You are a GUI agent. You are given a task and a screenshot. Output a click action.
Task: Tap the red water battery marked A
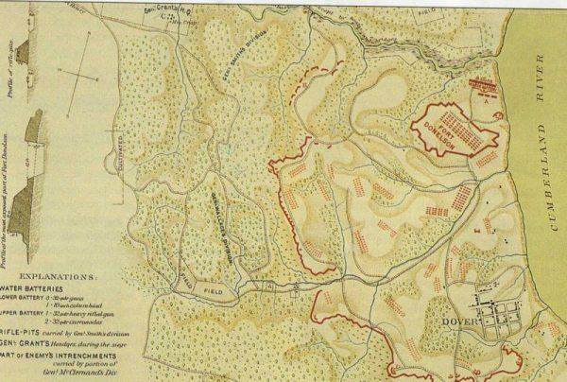[484, 91]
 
